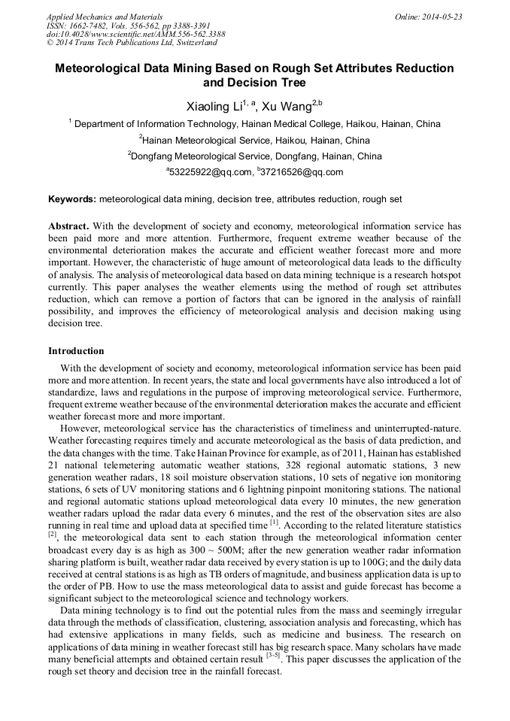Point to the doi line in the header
[x=135, y=34]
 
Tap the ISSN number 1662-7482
[x=93, y=25]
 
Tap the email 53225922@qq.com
[x=210, y=172]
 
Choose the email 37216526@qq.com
[x=302, y=172]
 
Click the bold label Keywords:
[x=72, y=199]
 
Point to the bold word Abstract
[x=68, y=226]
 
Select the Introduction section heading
[x=76, y=351]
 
